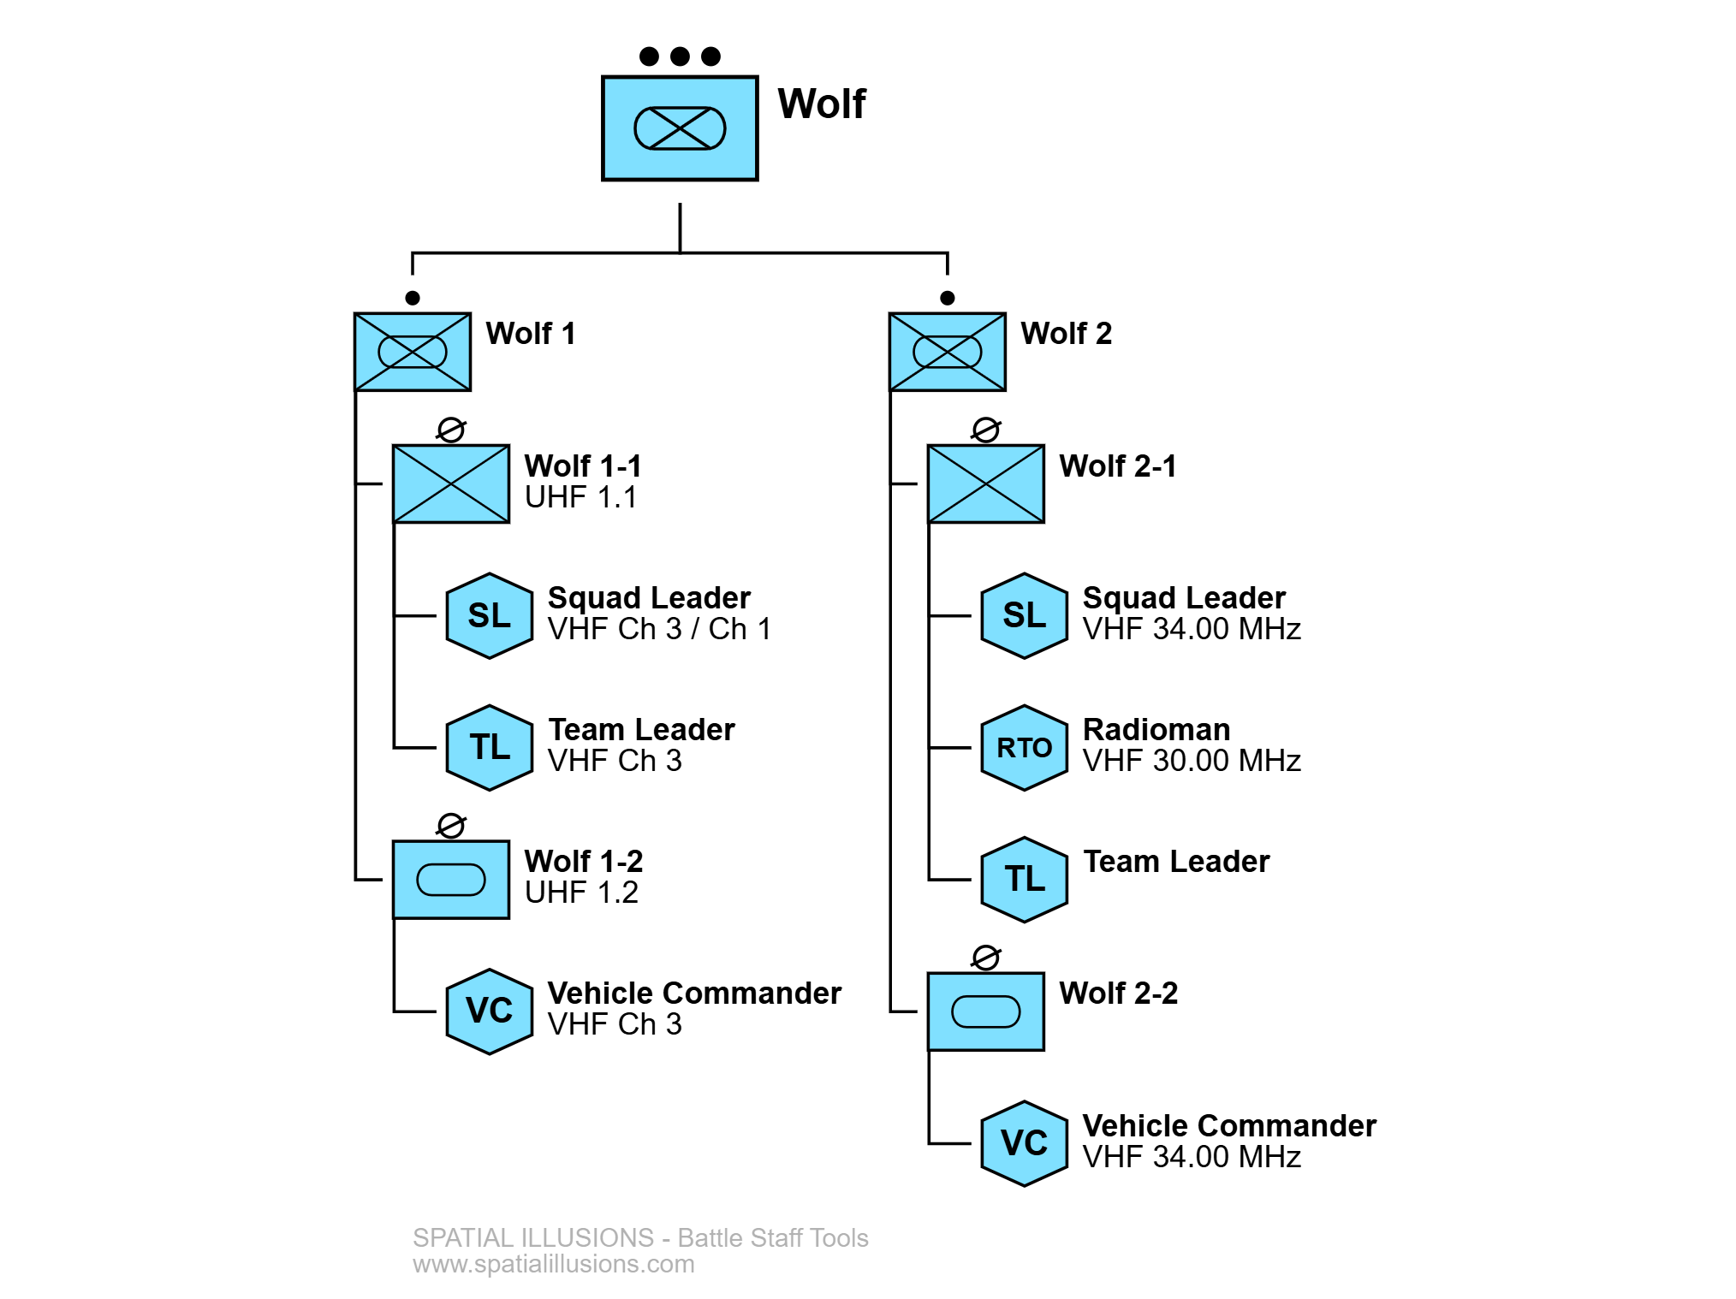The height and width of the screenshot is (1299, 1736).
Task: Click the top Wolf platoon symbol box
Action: (680, 128)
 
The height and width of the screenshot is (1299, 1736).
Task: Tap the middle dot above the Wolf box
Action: (680, 56)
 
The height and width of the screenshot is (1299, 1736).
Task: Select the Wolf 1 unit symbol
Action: (413, 352)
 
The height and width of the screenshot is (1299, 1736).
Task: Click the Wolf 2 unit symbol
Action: (947, 352)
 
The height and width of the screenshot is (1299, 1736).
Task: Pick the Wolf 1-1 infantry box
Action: (451, 483)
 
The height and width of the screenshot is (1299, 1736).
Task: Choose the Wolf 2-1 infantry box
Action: (985, 483)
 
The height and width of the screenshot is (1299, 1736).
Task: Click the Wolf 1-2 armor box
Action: (451, 880)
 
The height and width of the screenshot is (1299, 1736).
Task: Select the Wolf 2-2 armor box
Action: (985, 1011)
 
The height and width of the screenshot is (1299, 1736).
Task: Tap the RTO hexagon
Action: (1024, 748)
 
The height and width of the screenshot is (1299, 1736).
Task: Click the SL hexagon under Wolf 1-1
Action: (490, 616)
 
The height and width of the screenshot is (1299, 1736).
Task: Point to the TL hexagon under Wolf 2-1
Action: (1024, 880)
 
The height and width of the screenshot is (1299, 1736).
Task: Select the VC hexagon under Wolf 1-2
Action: (490, 1011)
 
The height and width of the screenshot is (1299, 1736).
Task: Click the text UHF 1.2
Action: (581, 893)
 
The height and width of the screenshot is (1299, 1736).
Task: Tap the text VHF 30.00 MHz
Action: (1191, 761)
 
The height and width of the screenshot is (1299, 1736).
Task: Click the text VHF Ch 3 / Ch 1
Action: (659, 629)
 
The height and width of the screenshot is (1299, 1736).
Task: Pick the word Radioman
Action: (1156, 730)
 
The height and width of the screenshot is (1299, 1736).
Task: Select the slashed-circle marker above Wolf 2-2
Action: (985, 957)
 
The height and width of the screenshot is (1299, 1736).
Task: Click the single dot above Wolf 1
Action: (413, 298)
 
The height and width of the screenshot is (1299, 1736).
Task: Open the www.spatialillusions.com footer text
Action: (553, 1264)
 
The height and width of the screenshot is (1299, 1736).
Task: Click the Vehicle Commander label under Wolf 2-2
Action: (1228, 1125)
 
